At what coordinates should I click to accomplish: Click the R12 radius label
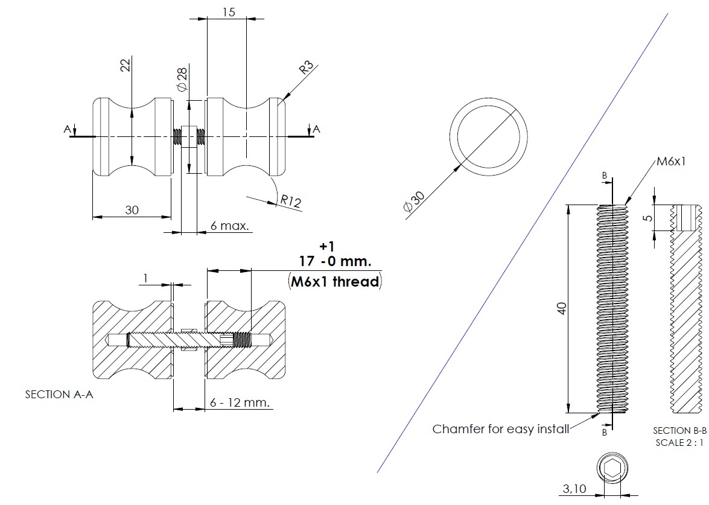[290, 201]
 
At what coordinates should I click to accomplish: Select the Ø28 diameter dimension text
[182, 80]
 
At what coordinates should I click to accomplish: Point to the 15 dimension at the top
[229, 11]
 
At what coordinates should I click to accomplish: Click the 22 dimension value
[126, 66]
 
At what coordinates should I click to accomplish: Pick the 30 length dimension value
[132, 210]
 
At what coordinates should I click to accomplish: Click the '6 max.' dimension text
[230, 226]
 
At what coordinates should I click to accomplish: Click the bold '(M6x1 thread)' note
[335, 281]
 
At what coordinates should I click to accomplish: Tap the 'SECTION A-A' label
[59, 395]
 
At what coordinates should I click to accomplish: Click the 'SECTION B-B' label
[679, 431]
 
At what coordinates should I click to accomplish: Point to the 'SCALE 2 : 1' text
[679, 442]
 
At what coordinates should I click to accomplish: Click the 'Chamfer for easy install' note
[501, 429]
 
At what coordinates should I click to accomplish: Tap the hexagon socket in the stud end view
[612, 468]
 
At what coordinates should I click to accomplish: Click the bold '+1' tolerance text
[326, 246]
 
